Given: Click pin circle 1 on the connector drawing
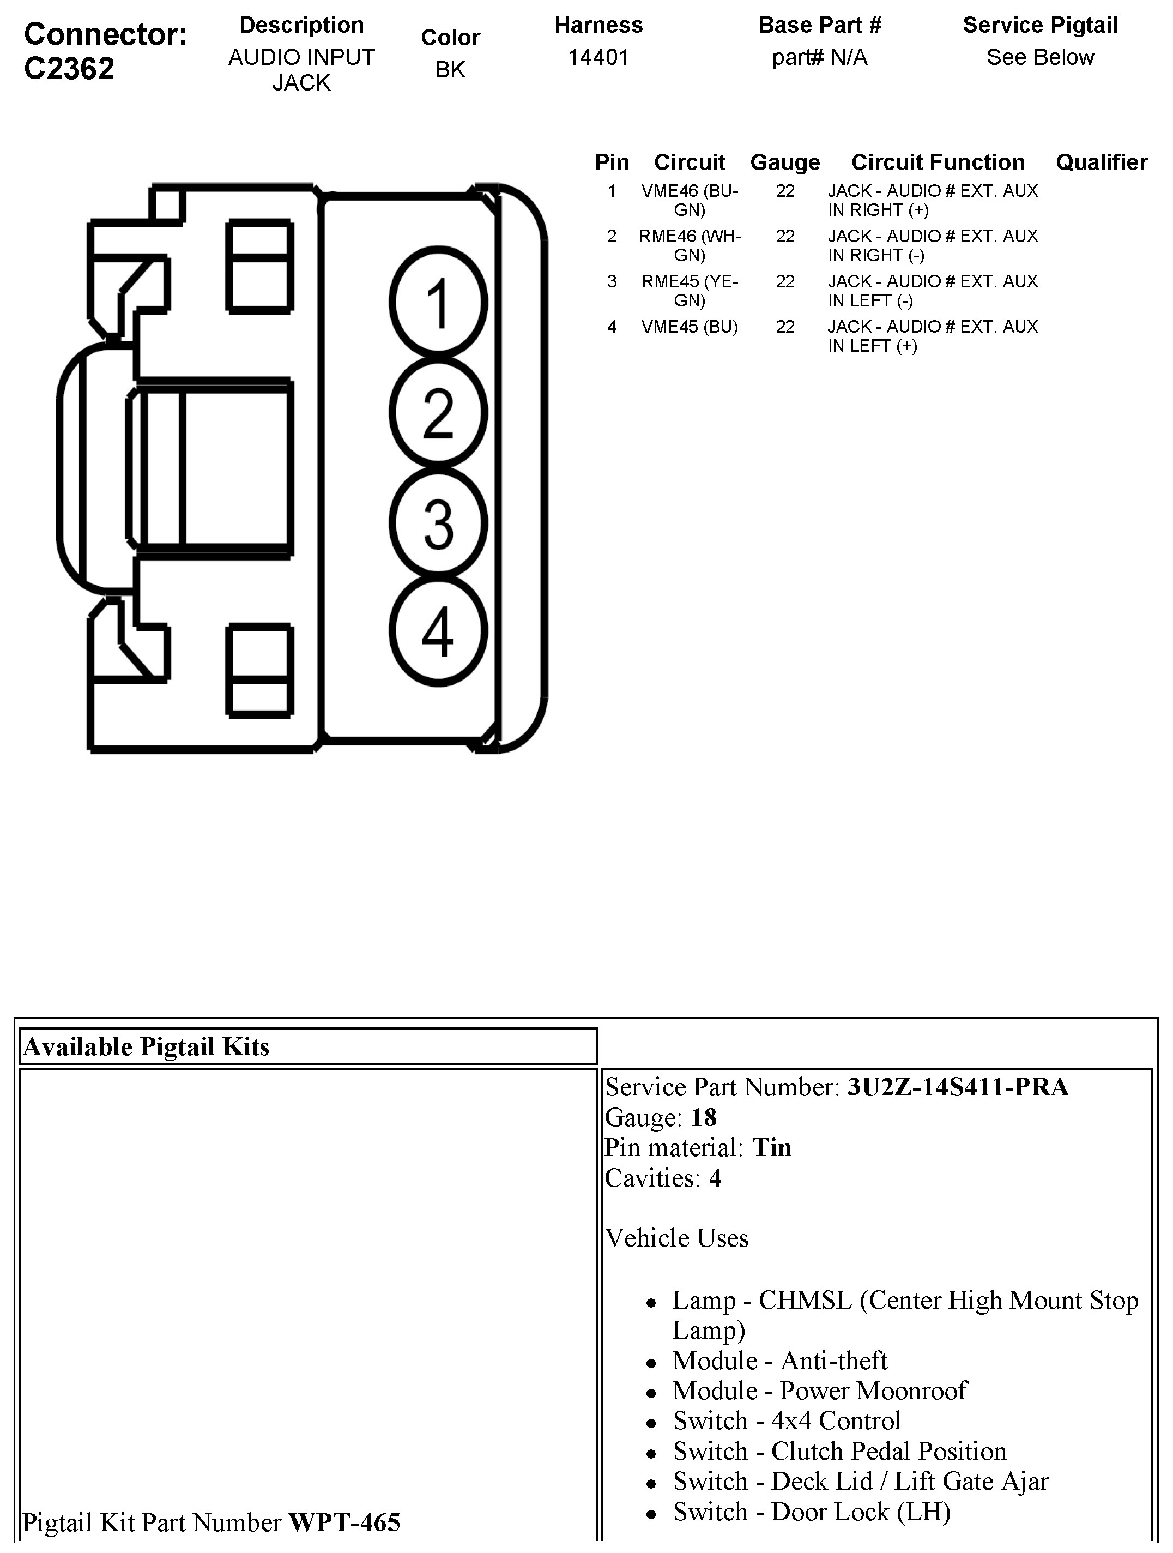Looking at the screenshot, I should click(438, 303).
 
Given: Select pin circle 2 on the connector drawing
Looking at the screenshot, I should click(438, 413).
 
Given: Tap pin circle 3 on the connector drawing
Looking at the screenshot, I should click(438, 523).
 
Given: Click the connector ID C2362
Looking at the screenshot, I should click(69, 69).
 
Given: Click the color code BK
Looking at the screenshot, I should click(450, 69).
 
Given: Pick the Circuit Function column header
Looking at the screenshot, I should click(938, 162).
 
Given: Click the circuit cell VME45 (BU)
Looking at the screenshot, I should click(690, 327).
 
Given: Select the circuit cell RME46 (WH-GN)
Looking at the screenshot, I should click(690, 245).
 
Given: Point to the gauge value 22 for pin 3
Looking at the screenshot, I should click(785, 281).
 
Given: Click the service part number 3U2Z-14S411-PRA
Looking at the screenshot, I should click(958, 1087).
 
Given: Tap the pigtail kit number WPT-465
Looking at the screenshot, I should click(344, 1522).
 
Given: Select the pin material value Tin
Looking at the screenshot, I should click(771, 1147).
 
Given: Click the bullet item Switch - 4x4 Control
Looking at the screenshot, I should click(786, 1420).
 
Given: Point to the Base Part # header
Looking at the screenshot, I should click(819, 25).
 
